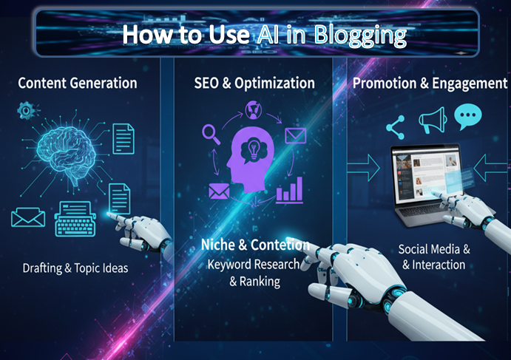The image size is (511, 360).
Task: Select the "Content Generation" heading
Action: [x=78, y=83]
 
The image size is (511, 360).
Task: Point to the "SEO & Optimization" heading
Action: [x=254, y=83]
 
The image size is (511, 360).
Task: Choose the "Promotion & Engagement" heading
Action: [x=430, y=83]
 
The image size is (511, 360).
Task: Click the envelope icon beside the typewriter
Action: [x=28, y=217]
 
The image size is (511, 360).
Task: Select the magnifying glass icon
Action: [x=211, y=135]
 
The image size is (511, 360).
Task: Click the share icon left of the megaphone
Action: [x=396, y=127]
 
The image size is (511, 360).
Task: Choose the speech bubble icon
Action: [x=467, y=116]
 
